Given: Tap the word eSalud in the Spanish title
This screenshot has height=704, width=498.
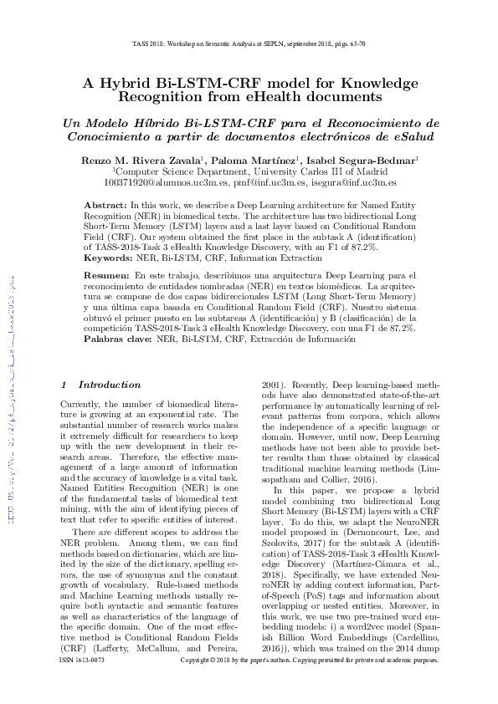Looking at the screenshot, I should point(417,136).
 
